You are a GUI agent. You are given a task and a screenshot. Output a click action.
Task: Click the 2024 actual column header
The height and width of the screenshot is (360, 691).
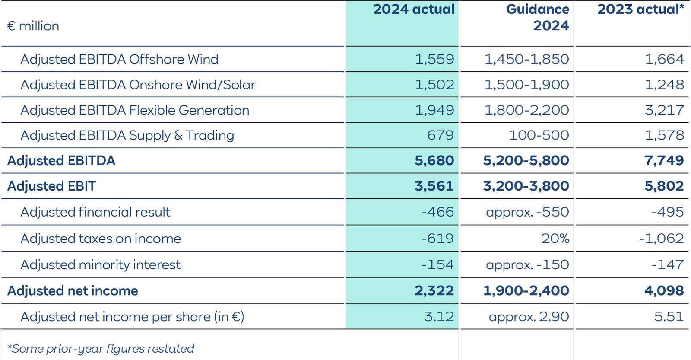413,10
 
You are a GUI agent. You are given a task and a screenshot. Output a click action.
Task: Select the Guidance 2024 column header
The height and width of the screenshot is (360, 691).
538,17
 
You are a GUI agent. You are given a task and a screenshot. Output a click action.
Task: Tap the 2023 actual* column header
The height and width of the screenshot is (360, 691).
640,10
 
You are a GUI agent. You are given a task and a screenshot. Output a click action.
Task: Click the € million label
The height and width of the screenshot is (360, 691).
33,26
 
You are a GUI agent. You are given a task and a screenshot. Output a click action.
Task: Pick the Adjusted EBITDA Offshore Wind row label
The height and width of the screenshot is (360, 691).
119,59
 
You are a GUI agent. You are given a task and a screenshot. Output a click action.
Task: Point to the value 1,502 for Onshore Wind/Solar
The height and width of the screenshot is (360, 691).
434,85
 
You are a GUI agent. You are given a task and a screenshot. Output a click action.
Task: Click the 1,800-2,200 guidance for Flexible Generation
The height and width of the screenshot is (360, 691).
526,110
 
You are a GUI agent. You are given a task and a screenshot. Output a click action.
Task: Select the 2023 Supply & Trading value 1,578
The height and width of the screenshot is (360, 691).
664,135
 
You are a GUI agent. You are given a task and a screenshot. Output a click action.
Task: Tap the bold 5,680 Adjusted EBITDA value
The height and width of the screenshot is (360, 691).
434,161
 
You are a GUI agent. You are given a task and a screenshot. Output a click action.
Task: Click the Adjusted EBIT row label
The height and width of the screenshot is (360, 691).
51,186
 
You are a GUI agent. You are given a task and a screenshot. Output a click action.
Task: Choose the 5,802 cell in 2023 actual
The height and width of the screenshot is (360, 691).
664,186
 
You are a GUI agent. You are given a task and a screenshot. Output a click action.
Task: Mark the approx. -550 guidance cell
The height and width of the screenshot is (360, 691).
527,212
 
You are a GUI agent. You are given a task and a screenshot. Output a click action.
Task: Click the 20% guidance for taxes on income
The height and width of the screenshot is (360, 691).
555,239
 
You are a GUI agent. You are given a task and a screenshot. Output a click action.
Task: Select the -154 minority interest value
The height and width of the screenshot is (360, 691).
437,264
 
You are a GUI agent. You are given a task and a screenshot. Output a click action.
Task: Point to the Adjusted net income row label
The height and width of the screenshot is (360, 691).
73,291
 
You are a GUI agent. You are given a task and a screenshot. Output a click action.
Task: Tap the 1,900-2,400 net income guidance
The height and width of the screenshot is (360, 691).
526,291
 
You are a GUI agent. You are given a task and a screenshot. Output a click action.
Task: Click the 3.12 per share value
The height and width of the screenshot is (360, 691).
439,317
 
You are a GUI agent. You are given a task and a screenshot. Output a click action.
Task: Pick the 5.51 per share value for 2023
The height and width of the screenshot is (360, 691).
669,317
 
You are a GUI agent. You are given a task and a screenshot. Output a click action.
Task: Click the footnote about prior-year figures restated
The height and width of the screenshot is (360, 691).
101,349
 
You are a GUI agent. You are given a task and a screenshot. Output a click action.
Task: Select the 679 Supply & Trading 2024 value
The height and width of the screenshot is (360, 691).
441,135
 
